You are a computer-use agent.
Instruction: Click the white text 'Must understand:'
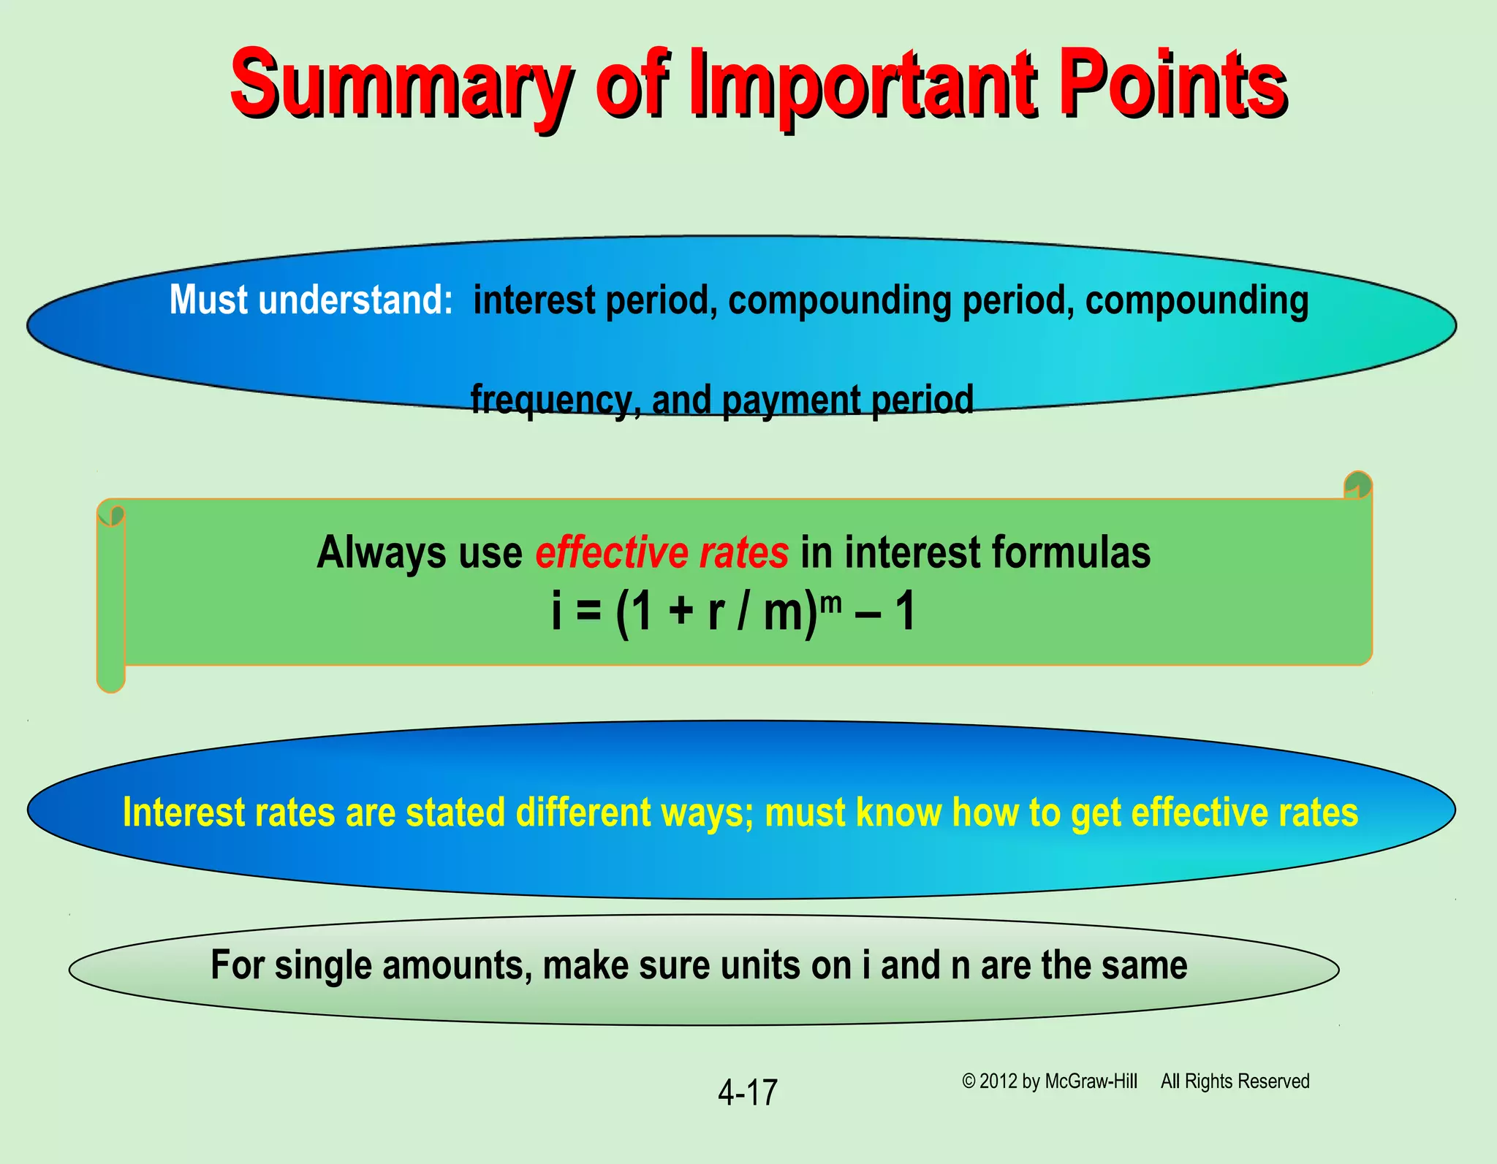[x=311, y=300]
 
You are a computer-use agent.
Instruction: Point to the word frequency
[x=552, y=400]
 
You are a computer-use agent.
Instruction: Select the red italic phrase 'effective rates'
[x=662, y=552]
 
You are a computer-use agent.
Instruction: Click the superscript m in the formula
[x=832, y=603]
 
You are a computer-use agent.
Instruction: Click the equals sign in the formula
[x=588, y=612]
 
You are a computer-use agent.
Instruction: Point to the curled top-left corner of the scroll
[x=111, y=514]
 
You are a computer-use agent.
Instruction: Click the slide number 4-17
[x=748, y=1092]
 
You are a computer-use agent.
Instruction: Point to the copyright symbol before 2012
[x=969, y=1081]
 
